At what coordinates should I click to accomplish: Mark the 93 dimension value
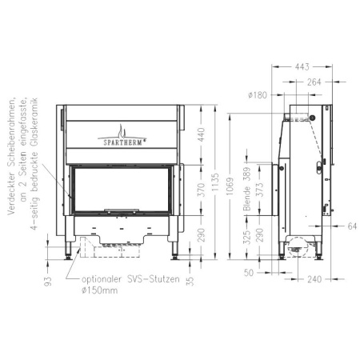(48, 279)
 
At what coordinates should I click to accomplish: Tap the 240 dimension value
(314, 279)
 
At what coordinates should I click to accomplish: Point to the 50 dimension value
(249, 274)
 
